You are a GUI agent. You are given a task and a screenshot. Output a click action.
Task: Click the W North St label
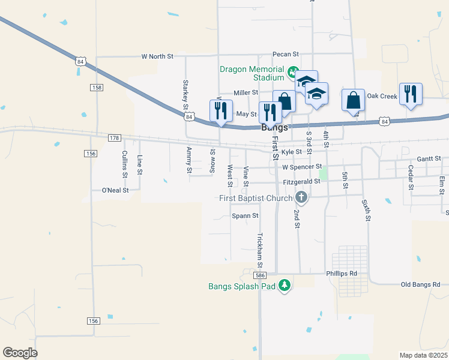(157, 56)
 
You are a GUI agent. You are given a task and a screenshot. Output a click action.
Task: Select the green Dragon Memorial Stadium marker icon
(292, 73)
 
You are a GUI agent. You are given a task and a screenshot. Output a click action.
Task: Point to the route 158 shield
(97, 88)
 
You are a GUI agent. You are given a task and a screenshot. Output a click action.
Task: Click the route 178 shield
(114, 138)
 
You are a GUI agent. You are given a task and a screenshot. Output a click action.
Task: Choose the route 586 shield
(259, 275)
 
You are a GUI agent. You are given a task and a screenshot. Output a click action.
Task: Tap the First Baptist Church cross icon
(301, 197)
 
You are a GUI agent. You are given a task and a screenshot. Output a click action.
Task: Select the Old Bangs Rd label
(420, 284)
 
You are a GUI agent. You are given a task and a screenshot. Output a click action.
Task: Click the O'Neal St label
(115, 190)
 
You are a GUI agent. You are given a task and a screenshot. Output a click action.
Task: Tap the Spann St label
(245, 215)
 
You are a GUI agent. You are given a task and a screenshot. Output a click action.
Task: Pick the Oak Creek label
(382, 96)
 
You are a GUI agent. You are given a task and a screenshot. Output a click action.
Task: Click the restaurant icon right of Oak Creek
(411, 94)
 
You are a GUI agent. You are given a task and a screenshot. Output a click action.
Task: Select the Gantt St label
(429, 158)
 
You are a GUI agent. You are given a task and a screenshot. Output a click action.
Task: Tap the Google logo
(20, 353)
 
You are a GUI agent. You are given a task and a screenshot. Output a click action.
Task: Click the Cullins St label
(125, 164)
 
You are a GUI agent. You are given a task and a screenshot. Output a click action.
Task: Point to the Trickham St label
(260, 250)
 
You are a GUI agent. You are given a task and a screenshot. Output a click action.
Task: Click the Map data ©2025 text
(423, 355)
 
